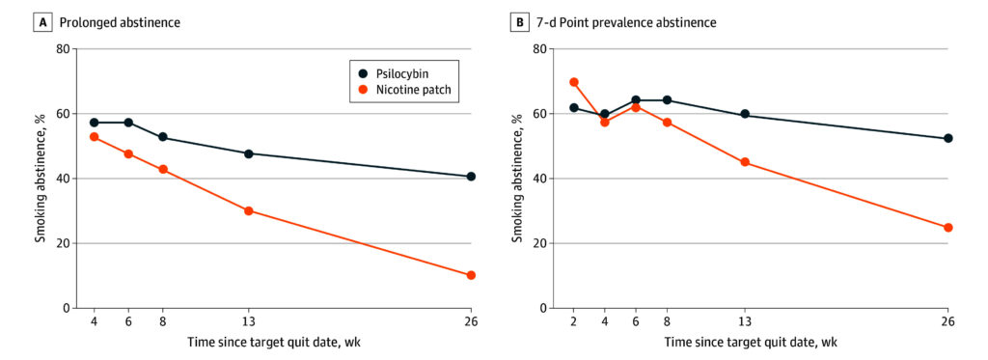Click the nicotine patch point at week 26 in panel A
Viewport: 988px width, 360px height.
pyautogui.click(x=471, y=275)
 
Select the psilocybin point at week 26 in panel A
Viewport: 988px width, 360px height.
pyautogui.click(x=471, y=177)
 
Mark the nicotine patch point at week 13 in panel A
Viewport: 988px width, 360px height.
pyautogui.click(x=249, y=210)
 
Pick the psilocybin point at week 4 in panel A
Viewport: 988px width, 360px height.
pyautogui.click(x=95, y=123)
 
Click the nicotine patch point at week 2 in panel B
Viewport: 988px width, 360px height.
pyautogui.click(x=574, y=82)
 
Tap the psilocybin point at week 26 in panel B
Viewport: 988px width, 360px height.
pyautogui.click(x=947, y=138)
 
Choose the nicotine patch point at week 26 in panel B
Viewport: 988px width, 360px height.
pyautogui.click(x=947, y=228)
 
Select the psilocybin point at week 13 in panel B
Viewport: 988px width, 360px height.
pyautogui.click(x=745, y=114)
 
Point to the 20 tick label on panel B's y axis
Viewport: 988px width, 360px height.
pyautogui.click(x=542, y=243)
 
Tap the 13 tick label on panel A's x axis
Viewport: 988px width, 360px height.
pyautogui.click(x=249, y=323)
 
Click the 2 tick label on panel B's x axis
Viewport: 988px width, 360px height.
pyautogui.click(x=574, y=323)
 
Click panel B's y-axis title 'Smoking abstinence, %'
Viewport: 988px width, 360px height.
pyautogui.click(x=517, y=179)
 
